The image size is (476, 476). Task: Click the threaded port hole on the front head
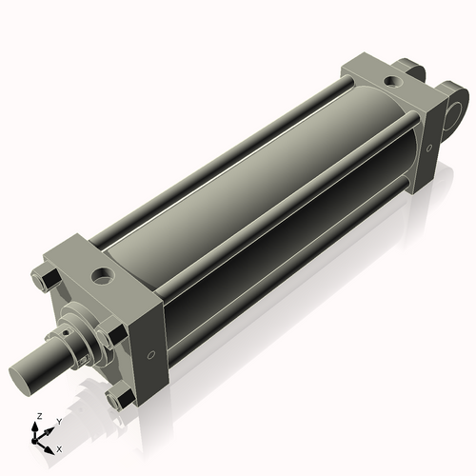102,278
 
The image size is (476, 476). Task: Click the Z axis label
37,416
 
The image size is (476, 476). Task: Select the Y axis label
58,421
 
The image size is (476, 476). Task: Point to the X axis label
59,447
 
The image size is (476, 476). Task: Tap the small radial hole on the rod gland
70,335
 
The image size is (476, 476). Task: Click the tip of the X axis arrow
52,445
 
